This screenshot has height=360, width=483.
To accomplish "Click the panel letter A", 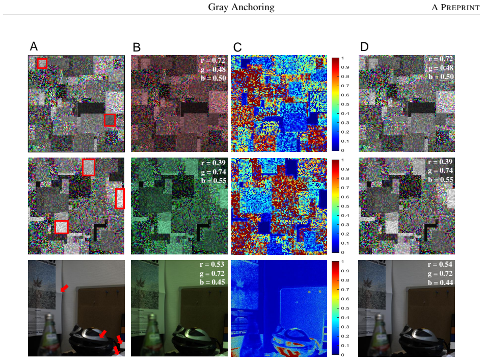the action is tap(34, 46).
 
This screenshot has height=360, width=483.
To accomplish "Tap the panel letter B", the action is tap(137, 47).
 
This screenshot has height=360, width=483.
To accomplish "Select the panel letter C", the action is tap(237, 47).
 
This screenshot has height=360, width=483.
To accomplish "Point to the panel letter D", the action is tap(364, 47).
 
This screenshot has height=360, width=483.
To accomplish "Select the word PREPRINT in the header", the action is tap(460, 8).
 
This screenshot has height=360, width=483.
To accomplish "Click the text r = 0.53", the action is tap(212, 265).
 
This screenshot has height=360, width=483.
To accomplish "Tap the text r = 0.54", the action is tap(440, 265).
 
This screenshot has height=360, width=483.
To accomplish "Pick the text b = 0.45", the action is tap(212, 282).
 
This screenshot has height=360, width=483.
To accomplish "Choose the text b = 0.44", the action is tap(440, 282).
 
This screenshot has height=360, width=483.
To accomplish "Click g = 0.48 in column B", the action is tap(213, 69).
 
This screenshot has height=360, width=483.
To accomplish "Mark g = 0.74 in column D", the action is tap(441, 170).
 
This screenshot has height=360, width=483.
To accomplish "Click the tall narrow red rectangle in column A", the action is tap(120, 198).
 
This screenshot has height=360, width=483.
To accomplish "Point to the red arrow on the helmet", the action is tap(103, 333).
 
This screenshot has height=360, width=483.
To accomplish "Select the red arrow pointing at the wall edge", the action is tap(64, 288).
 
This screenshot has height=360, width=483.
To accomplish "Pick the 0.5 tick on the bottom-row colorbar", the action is tap(344, 308).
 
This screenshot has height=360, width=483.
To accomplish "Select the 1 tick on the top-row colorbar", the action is tap(343, 58).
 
